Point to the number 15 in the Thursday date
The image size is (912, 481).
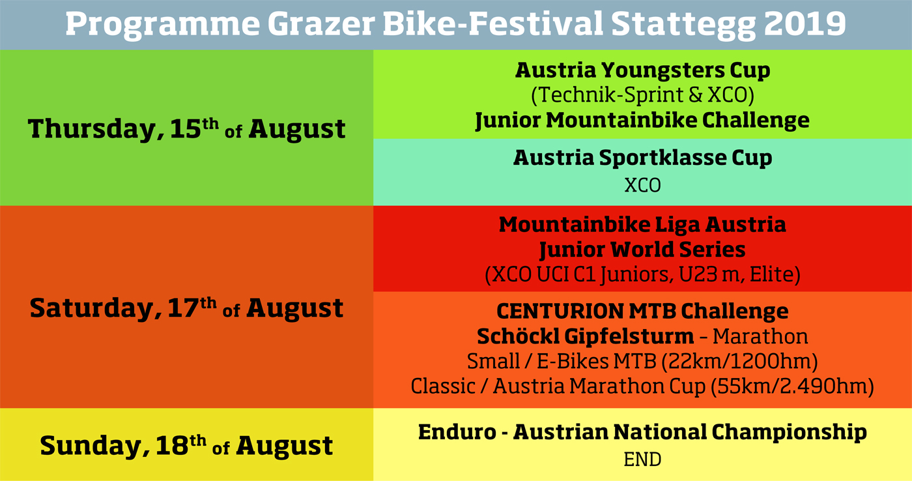click(186, 128)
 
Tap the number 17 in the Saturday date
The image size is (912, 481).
click(183, 308)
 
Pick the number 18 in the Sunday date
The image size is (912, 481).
click(172, 446)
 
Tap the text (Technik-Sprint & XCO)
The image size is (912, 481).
click(642, 95)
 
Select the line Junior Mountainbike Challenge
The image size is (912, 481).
click(642, 121)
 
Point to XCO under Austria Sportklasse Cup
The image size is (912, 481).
click(642, 186)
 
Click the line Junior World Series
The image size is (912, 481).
click(642, 250)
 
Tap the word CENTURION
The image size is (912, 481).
click(560, 312)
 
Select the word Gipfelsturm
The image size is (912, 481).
click(629, 337)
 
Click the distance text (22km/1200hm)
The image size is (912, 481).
click(739, 362)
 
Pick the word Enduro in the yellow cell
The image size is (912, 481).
click(457, 432)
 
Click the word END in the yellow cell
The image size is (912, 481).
click(642, 460)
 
